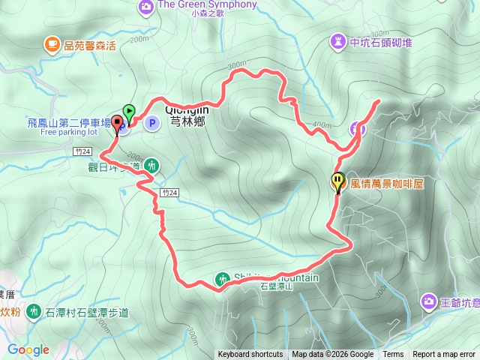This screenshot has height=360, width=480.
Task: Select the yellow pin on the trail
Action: [x=337, y=181]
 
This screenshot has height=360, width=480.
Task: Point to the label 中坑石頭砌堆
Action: [x=380, y=42]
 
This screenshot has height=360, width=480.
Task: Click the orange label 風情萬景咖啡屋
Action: [x=387, y=181]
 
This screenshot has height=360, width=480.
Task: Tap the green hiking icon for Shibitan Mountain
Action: [x=222, y=279]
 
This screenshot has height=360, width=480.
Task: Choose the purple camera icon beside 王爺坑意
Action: [x=428, y=301]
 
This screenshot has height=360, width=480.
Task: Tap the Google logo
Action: [x=28, y=349]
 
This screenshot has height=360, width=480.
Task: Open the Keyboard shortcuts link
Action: [x=250, y=355]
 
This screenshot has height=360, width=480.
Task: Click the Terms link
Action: [x=393, y=355]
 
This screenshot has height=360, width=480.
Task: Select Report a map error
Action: [x=445, y=355]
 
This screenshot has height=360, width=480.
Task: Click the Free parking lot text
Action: [x=69, y=132]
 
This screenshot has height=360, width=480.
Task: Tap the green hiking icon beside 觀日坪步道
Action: [x=152, y=165]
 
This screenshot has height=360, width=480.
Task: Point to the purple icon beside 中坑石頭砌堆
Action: [x=337, y=42]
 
